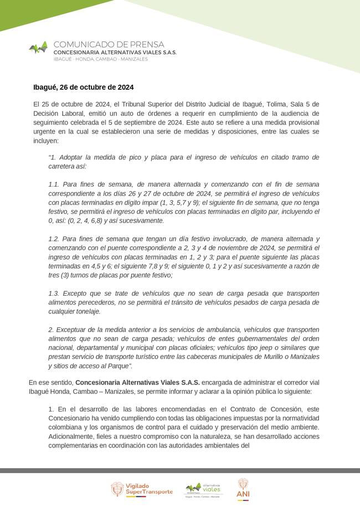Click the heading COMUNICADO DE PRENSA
109,44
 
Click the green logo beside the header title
38,48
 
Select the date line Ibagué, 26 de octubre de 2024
83,88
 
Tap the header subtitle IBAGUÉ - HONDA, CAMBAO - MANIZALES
100,59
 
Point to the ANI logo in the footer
243,487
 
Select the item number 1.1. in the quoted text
54,184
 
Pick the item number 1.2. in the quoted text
54,239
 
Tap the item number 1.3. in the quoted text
54,293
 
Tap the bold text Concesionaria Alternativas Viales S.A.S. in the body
137,382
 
